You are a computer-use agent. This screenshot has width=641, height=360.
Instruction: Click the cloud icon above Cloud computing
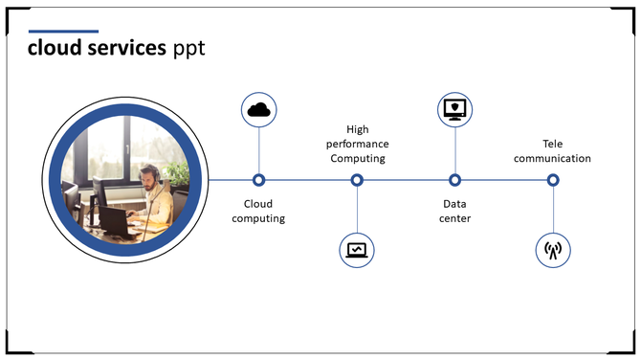click(258, 110)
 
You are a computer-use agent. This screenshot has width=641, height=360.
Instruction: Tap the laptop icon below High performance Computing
click(357, 250)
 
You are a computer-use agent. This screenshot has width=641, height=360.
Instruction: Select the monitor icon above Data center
click(454, 110)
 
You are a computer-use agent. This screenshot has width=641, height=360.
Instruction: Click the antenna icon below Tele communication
click(552, 250)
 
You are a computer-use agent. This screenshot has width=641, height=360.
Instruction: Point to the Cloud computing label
click(258, 211)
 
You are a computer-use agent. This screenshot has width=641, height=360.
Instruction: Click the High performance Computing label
click(357, 144)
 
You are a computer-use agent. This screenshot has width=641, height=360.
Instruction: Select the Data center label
click(455, 211)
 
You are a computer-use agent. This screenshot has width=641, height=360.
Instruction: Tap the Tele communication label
click(552, 151)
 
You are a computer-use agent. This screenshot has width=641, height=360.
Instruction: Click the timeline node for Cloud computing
click(258, 180)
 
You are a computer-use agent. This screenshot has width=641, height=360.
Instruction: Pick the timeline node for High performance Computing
click(357, 180)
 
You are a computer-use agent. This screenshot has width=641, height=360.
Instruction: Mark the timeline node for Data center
click(455, 180)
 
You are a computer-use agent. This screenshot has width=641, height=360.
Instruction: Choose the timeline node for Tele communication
click(553, 180)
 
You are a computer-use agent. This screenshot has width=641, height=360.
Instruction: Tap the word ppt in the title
click(188, 49)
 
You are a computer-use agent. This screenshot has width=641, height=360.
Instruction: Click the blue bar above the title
click(63, 31)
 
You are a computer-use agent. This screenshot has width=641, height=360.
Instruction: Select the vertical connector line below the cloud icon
click(258, 149)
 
